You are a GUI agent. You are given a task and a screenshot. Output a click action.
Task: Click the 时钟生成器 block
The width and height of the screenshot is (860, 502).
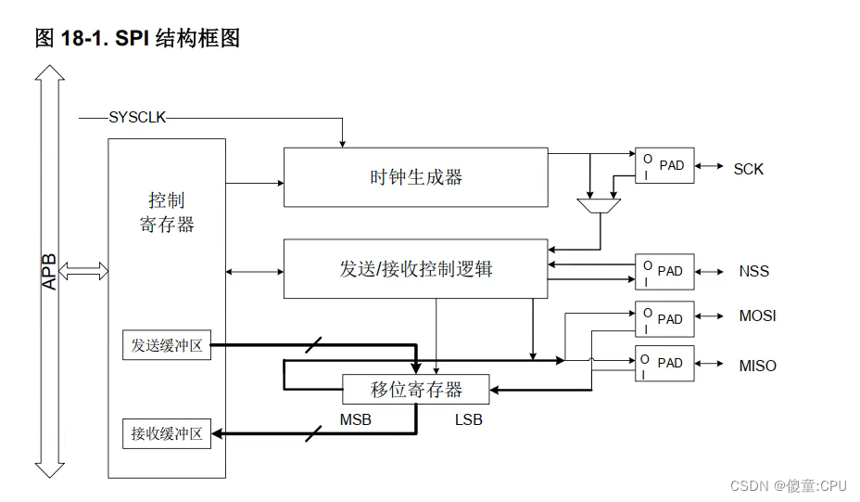(x=415, y=176)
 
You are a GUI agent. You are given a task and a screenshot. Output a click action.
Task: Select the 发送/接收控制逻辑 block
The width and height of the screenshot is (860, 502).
(x=415, y=269)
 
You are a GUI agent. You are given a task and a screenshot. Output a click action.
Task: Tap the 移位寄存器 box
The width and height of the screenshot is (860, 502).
(x=416, y=389)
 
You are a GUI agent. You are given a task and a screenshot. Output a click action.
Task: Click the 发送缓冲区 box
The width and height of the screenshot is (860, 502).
(x=167, y=347)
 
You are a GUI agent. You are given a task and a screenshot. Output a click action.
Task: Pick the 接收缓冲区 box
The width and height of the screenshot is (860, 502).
(x=167, y=433)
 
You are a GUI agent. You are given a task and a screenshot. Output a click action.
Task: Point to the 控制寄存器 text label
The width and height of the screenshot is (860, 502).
(x=167, y=212)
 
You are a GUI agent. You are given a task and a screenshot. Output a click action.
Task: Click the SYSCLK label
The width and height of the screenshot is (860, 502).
(x=137, y=117)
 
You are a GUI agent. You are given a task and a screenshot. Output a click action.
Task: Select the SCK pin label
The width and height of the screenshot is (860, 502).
(x=748, y=169)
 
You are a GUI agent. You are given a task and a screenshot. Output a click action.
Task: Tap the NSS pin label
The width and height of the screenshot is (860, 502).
(x=753, y=272)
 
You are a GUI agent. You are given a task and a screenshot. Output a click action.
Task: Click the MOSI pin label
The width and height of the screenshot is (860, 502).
(x=757, y=316)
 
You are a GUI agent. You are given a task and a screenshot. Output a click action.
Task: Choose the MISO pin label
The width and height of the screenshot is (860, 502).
(x=757, y=366)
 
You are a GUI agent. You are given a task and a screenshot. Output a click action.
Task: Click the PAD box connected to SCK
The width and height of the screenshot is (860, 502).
(x=664, y=165)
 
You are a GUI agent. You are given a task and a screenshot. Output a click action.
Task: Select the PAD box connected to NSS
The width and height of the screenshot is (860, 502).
(x=664, y=271)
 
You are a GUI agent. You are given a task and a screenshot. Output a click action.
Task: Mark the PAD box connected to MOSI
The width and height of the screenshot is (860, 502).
(x=664, y=318)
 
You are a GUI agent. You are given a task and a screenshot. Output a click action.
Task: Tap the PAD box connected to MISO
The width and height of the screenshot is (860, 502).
(x=664, y=363)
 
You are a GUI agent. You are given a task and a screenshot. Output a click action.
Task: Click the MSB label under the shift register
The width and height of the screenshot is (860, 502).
(x=355, y=420)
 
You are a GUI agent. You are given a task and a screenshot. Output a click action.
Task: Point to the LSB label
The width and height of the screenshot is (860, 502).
(x=468, y=420)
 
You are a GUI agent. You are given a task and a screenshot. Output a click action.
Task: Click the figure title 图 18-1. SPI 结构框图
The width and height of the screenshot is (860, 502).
(x=137, y=38)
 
